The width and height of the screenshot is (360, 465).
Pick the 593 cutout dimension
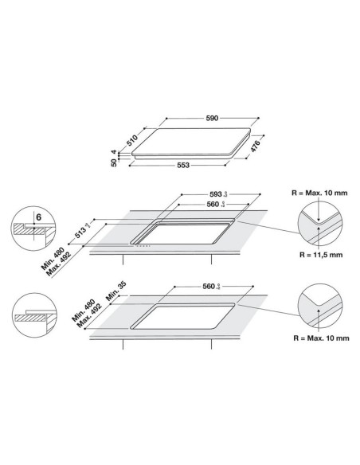[213, 193]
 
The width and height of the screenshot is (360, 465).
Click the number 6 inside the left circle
[38, 216]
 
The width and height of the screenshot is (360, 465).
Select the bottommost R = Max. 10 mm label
[323, 338]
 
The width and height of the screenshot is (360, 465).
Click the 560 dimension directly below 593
[212, 205]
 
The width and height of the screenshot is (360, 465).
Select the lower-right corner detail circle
[319, 307]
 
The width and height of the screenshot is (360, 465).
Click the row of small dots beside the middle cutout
[147, 246]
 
